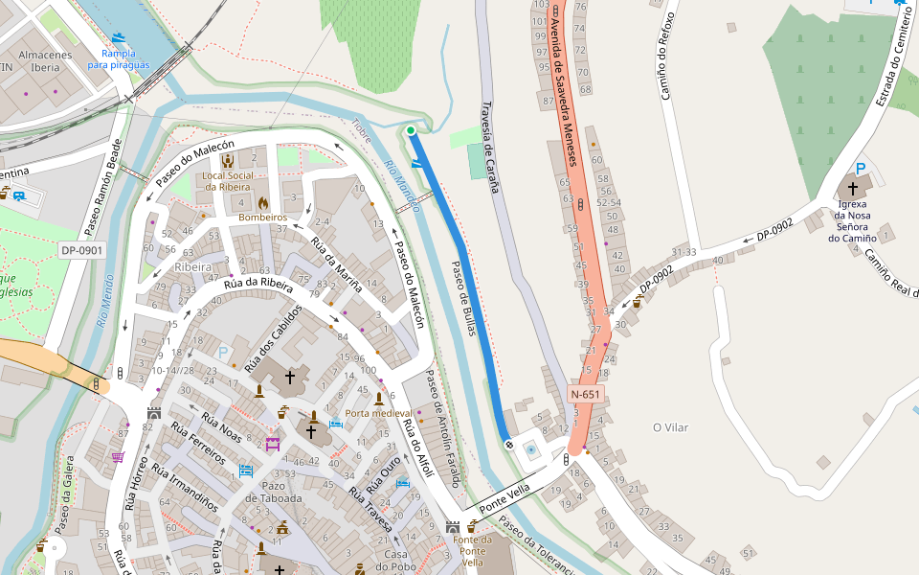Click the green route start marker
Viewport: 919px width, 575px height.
tap(411, 130)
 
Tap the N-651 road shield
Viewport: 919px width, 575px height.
tap(585, 394)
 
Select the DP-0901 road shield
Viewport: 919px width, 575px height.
tap(80, 249)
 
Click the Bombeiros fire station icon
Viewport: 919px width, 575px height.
tap(263, 203)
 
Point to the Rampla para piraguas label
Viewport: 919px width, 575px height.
tap(119, 58)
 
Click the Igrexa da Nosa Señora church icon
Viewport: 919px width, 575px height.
tap(853, 189)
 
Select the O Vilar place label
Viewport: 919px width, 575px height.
tap(670, 426)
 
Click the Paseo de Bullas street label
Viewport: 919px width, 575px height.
tap(464, 297)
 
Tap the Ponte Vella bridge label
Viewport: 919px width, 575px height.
tap(504, 497)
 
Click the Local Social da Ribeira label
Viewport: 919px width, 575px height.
tap(228, 181)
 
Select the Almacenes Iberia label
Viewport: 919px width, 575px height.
tap(45, 61)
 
